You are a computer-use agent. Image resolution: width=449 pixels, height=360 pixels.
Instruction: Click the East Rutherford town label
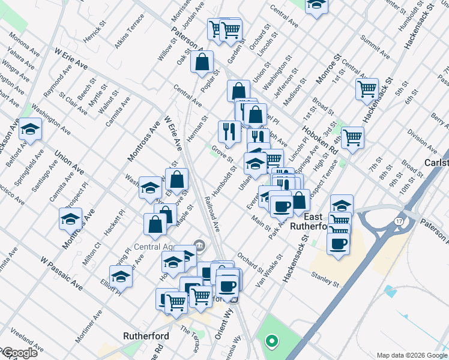pyautogui.click(x=307, y=221)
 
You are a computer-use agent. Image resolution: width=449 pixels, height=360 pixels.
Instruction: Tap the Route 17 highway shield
pyautogui.click(x=398, y=221)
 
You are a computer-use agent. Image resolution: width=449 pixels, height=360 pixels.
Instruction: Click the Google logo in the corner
pyautogui.click(x=19, y=353)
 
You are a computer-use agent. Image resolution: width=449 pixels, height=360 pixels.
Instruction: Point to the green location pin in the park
pyautogui.click(x=271, y=342)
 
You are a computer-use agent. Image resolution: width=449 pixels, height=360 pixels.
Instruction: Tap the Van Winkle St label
pyautogui.click(x=269, y=270)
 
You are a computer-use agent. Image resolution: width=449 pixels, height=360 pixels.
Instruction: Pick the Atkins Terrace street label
pyautogui.click(x=130, y=27)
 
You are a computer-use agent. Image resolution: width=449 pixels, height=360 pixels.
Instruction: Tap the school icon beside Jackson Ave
pyautogui.click(x=30, y=130)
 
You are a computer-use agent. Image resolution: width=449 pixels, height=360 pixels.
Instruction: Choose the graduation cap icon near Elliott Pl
pyautogui.click(x=121, y=276)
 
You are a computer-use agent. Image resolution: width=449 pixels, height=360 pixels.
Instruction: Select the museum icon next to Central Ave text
pyautogui.click(x=200, y=245)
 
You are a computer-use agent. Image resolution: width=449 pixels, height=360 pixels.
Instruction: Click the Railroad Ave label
pyautogui.click(x=212, y=213)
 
